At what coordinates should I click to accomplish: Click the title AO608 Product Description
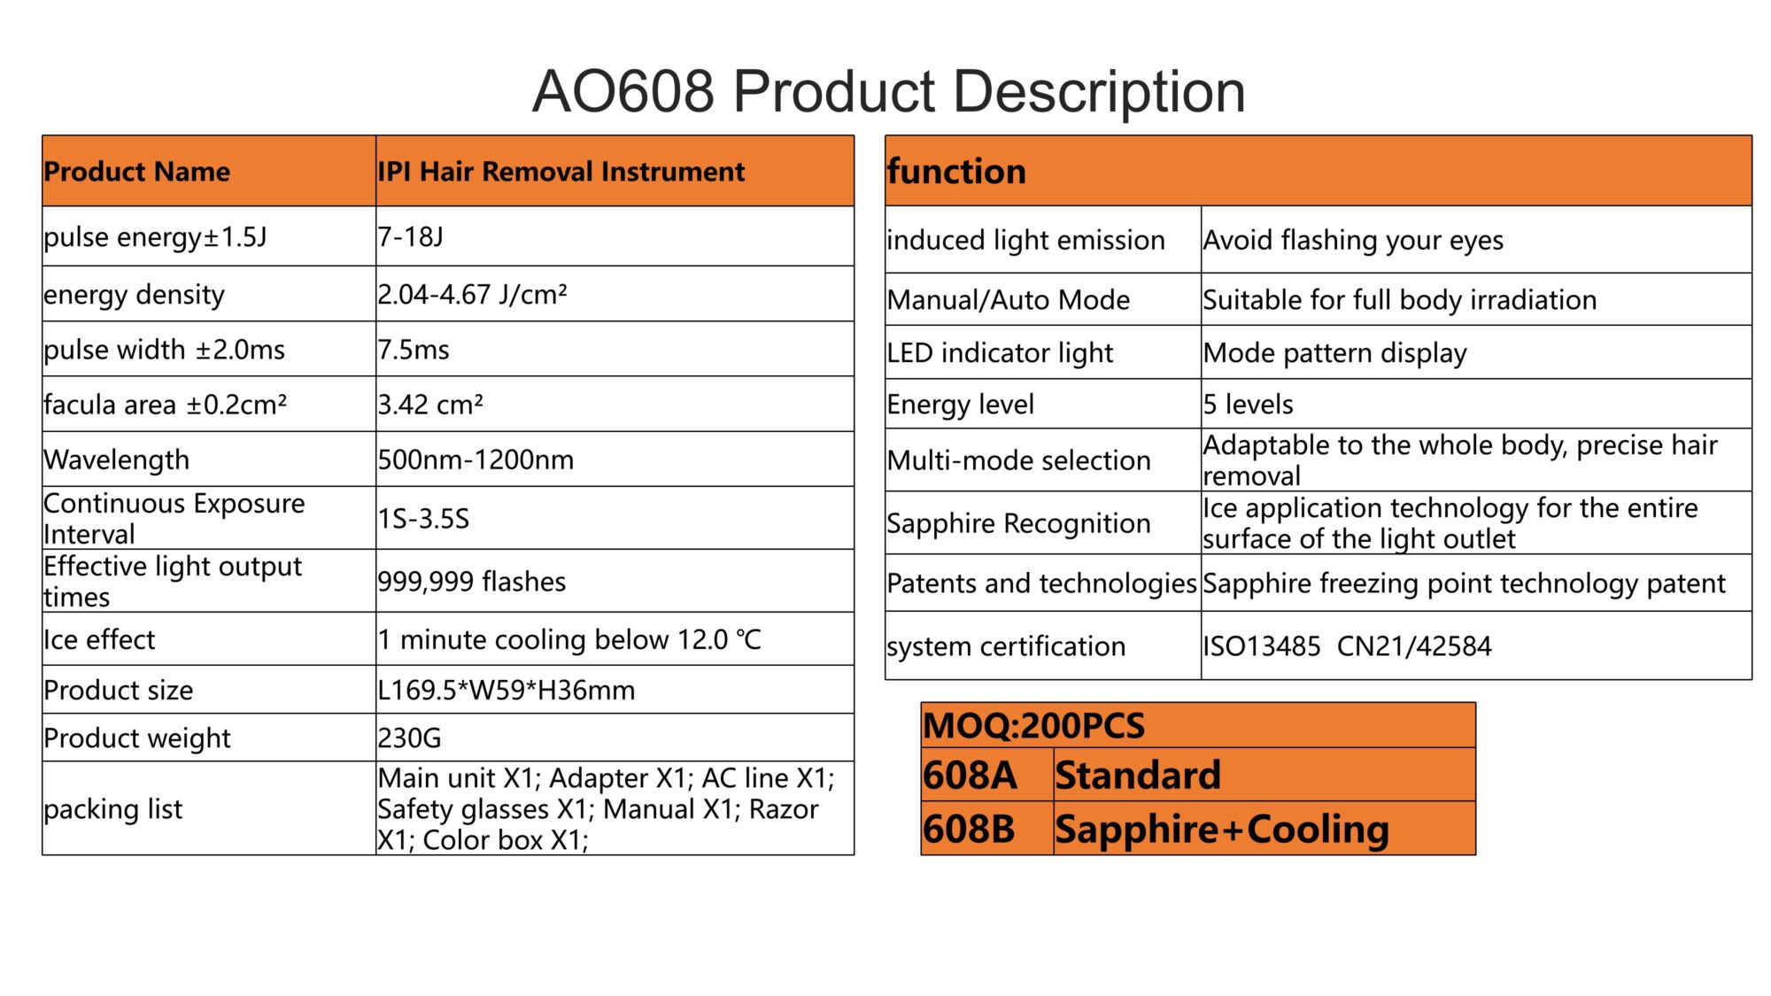click(888, 91)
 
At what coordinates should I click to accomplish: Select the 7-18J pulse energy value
click(410, 237)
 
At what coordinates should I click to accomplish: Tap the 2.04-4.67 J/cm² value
click(472, 294)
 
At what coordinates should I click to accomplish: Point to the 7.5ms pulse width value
click(414, 350)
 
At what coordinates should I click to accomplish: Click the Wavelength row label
click(117, 459)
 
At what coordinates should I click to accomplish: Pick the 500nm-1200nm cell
click(476, 459)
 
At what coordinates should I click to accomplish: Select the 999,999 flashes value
click(472, 582)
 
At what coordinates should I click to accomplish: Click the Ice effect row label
click(99, 639)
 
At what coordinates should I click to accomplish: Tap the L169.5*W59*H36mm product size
click(507, 690)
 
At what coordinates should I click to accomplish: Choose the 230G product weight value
click(409, 737)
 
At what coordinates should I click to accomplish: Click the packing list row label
click(113, 809)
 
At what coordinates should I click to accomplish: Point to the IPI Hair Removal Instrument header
click(561, 172)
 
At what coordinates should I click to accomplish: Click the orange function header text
click(956, 171)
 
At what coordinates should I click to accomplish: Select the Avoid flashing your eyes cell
click(1353, 240)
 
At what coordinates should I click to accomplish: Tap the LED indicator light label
click(1000, 353)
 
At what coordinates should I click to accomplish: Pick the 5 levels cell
click(1248, 405)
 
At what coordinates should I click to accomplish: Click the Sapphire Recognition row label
click(1018, 523)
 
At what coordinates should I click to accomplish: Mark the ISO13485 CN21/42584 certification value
click(1347, 646)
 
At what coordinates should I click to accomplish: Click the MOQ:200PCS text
click(1033, 726)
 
